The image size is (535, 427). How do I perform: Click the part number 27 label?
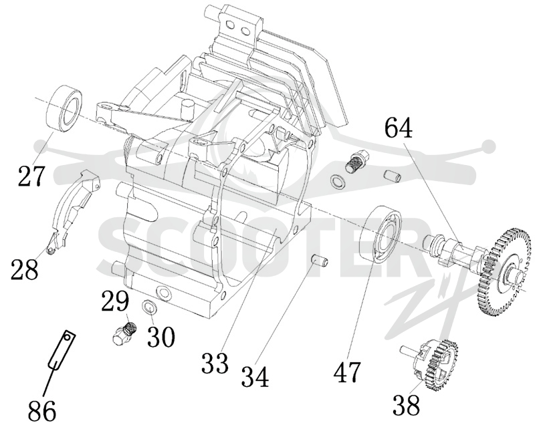point(31,176)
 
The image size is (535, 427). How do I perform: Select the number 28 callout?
point(24,269)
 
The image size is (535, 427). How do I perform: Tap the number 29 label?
point(115,301)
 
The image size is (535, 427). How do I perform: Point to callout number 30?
point(161,335)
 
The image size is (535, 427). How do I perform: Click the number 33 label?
point(215,364)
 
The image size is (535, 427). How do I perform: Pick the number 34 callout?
point(255,376)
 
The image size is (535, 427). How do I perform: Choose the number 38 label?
point(406,405)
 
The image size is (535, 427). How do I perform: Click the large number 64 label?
point(399,128)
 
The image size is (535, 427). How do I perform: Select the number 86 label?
point(41,411)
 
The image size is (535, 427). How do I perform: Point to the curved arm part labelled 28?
point(74,212)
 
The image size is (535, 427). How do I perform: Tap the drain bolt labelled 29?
point(124,333)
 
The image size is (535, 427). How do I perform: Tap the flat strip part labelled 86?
point(62,350)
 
